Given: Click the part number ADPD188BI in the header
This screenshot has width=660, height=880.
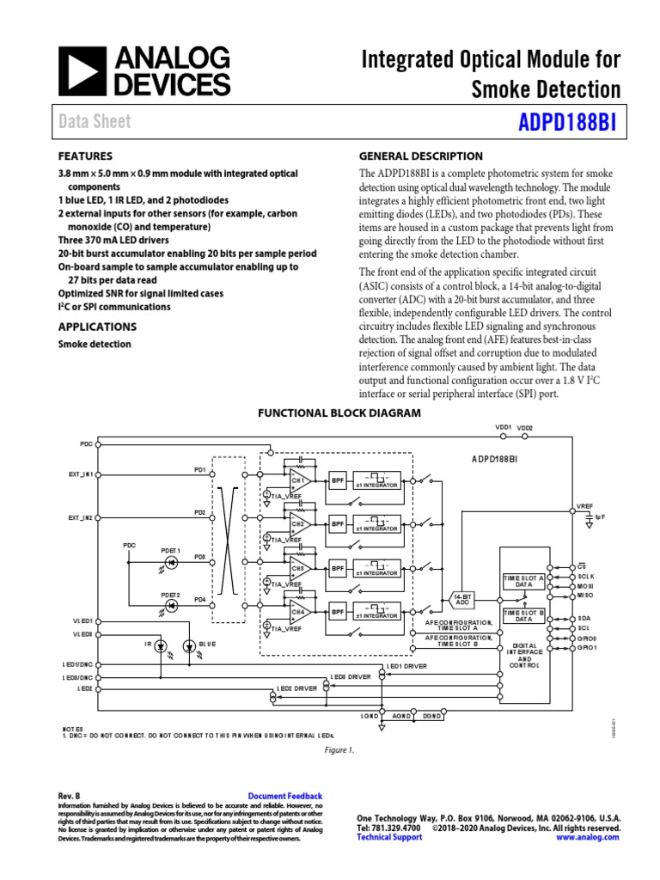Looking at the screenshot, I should coord(567,122).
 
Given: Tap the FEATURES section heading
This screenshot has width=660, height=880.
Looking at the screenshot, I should coord(85,156).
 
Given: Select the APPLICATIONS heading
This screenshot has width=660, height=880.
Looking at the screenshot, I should coord(97,327).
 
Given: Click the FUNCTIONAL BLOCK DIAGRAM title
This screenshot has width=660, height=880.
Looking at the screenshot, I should coord(339,413).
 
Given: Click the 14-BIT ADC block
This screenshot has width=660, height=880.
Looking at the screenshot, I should coord(462,600).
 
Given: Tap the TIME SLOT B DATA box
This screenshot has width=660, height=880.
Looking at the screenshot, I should coord(524,614).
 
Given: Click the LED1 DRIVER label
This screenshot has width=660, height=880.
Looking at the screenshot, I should coord(406,666).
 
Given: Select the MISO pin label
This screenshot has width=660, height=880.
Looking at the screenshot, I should coord(585,595).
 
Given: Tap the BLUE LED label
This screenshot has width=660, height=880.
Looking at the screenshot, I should coord(208,644).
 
